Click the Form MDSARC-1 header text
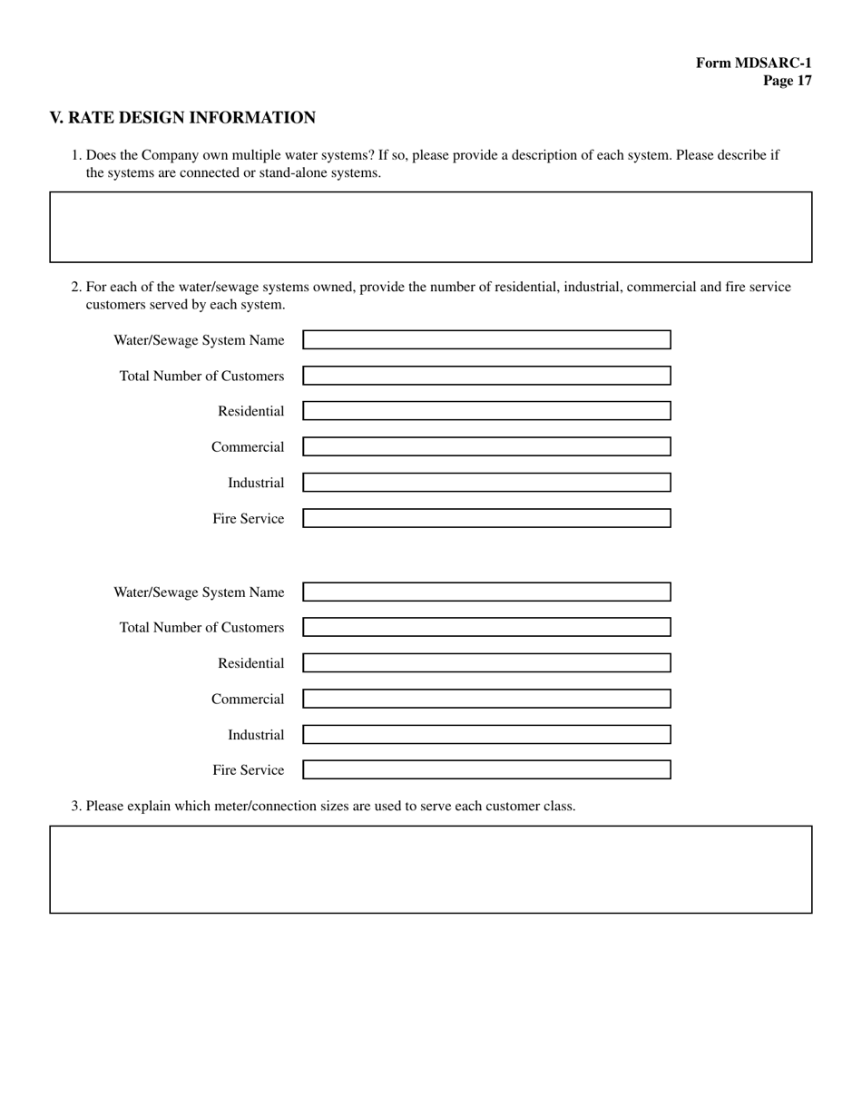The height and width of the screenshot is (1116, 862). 753,63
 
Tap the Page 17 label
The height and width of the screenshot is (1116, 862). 787,81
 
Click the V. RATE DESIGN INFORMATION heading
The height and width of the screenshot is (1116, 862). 182,118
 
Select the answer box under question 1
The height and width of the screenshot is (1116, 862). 430,227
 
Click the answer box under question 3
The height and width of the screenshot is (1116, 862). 430,869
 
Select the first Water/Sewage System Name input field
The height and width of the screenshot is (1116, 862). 486,340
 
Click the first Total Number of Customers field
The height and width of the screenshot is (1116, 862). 486,376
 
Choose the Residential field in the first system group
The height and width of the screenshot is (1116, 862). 486,411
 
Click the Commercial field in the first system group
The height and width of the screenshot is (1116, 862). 486,446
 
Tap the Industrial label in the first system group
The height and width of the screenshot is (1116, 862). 256,483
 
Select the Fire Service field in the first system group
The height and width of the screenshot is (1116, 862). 486,518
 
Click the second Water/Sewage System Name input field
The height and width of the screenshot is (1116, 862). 486,592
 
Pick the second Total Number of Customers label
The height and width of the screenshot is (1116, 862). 201,628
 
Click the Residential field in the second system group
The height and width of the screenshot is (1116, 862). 486,663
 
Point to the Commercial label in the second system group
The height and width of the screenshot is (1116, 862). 248,700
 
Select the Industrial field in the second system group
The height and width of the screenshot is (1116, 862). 486,735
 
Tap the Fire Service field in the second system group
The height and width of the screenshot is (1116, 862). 486,770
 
